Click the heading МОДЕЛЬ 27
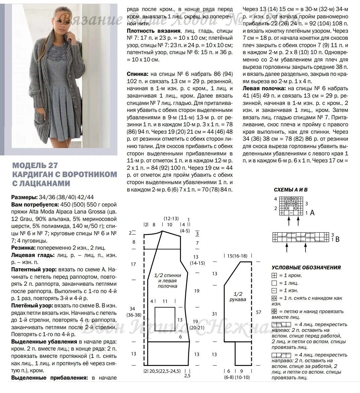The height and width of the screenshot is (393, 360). click(35, 166)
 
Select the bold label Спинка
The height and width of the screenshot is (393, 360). click(138, 74)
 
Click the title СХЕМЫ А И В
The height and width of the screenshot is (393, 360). click(290, 189)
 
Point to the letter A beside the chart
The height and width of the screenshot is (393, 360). click(312, 212)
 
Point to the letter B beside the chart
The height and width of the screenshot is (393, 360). click(337, 239)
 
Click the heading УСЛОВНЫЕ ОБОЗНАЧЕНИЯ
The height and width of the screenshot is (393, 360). click(306, 267)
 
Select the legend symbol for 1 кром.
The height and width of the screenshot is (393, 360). click(274, 276)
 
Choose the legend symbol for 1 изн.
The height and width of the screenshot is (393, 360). click(274, 291)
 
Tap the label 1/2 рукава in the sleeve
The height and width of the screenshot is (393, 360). click(238, 297)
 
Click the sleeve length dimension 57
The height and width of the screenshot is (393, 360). click(258, 312)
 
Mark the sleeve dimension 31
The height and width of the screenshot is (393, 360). click(214, 314)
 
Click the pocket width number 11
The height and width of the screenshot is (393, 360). click(165, 301)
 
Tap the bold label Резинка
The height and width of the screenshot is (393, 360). click(22, 248)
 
